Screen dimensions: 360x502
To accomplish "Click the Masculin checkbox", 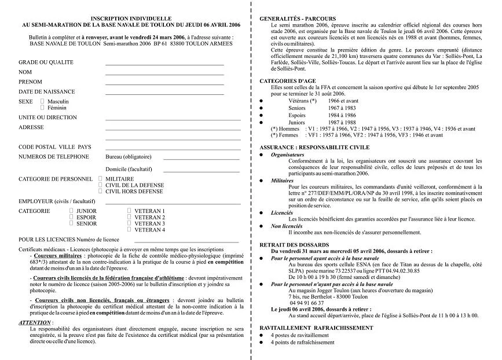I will point(42,101).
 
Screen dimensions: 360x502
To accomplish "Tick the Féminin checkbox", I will point(42,108).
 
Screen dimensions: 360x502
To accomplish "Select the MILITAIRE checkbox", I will point(100,179).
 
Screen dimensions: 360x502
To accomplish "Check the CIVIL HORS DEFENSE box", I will point(100,191).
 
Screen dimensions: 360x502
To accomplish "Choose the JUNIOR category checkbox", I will point(71,211).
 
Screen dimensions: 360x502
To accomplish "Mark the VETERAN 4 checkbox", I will point(129,230).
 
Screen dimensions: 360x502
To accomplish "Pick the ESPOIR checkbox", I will point(71,217).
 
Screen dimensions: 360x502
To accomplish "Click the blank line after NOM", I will point(164,75).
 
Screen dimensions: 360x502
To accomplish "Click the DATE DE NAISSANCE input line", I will point(164,94).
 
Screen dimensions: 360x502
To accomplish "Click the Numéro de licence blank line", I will point(186,242).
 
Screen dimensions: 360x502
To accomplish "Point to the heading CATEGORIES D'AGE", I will point(287,80).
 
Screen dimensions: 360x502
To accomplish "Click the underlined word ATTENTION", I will point(34,322).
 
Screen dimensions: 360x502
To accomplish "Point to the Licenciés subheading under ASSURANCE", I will point(282,212).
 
